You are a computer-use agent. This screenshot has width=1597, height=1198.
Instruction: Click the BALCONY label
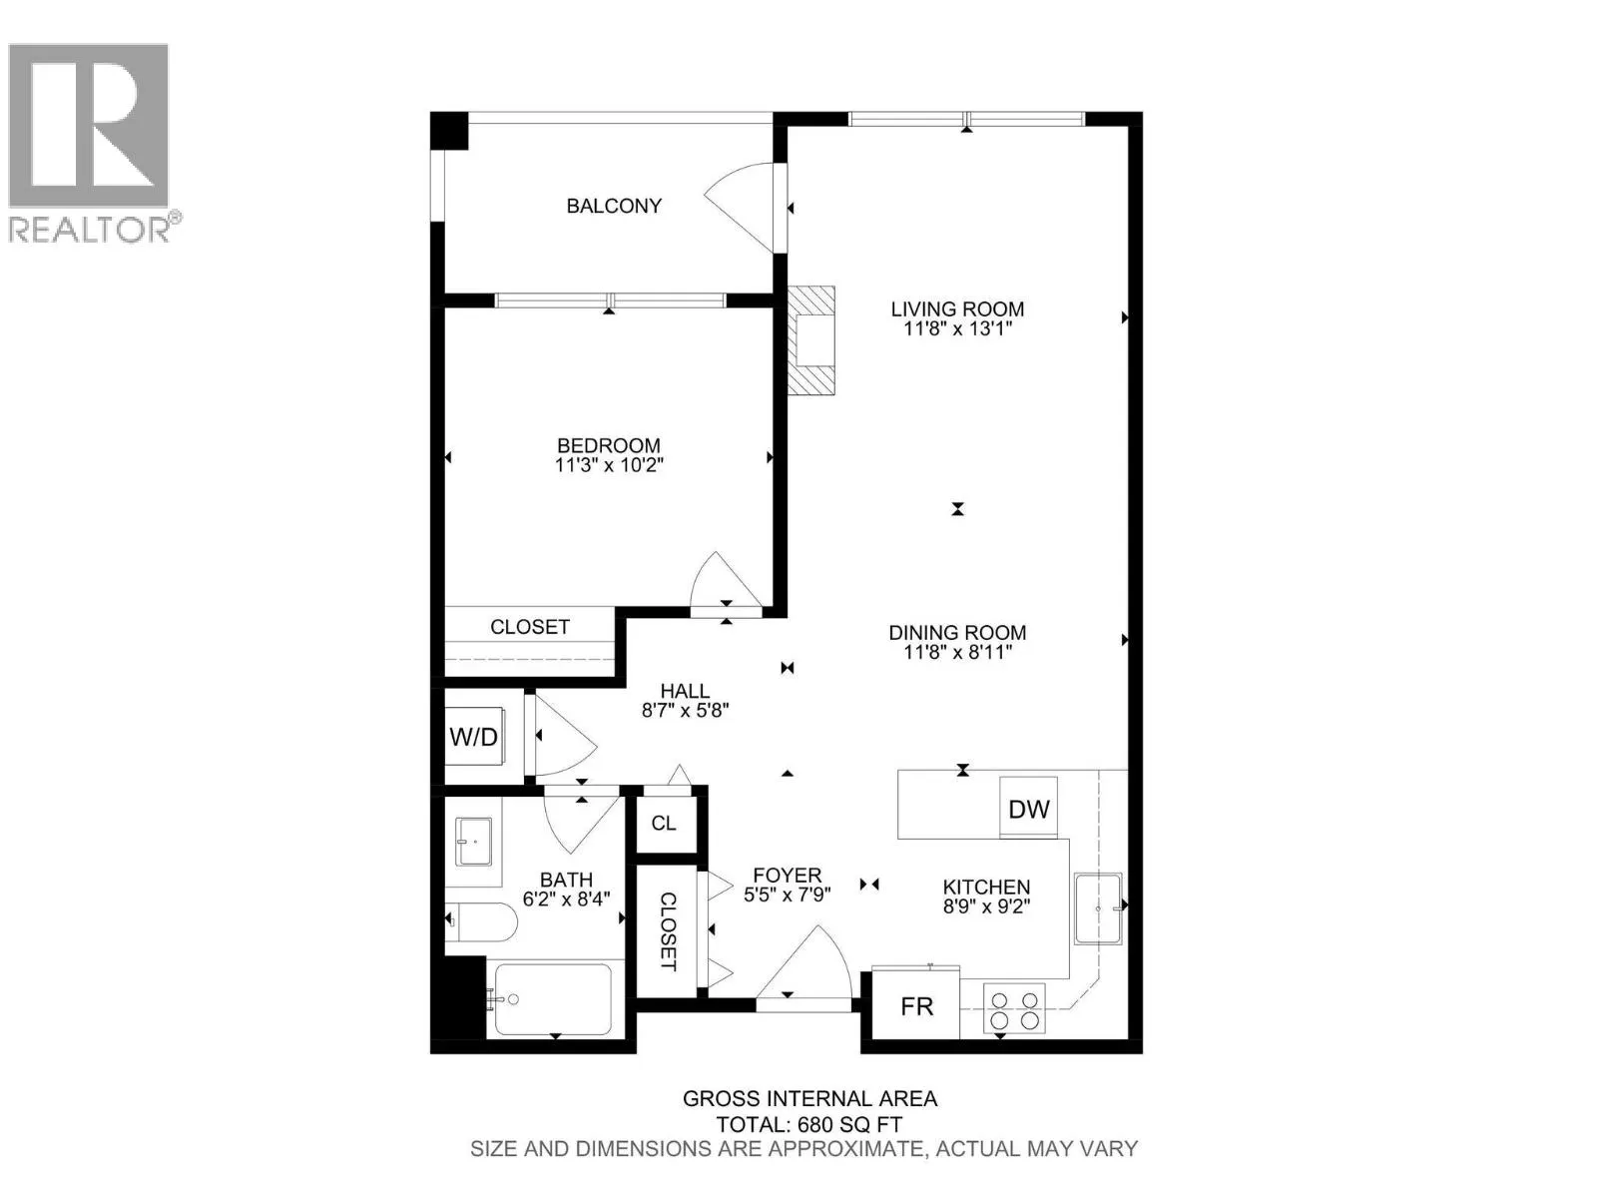(614, 206)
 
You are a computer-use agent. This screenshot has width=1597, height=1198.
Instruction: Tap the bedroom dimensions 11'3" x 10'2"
(609, 465)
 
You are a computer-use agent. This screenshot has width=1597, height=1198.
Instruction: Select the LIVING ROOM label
(957, 309)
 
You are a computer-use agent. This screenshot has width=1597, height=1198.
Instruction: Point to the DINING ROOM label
(957, 632)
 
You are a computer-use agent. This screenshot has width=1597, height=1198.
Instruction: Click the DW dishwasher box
(1028, 809)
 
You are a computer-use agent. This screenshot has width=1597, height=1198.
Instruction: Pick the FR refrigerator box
(916, 1006)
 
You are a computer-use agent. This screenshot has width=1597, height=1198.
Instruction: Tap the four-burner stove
(1014, 1008)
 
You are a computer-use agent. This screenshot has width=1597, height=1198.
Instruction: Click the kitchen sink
(1098, 908)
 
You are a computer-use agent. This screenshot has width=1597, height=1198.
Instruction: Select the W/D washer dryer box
(474, 738)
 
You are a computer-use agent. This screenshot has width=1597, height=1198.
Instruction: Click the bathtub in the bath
(552, 999)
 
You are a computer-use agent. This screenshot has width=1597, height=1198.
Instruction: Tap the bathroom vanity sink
(475, 842)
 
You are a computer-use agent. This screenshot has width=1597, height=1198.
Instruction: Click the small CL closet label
(664, 823)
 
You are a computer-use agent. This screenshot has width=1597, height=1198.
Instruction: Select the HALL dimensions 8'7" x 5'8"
(685, 711)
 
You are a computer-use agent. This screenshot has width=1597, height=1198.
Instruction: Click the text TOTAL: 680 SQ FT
(808, 1124)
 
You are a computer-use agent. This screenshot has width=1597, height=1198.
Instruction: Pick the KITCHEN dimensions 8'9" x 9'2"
(986, 906)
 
